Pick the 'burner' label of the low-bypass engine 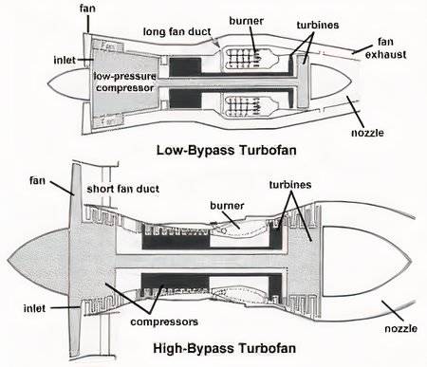click(247, 20)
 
